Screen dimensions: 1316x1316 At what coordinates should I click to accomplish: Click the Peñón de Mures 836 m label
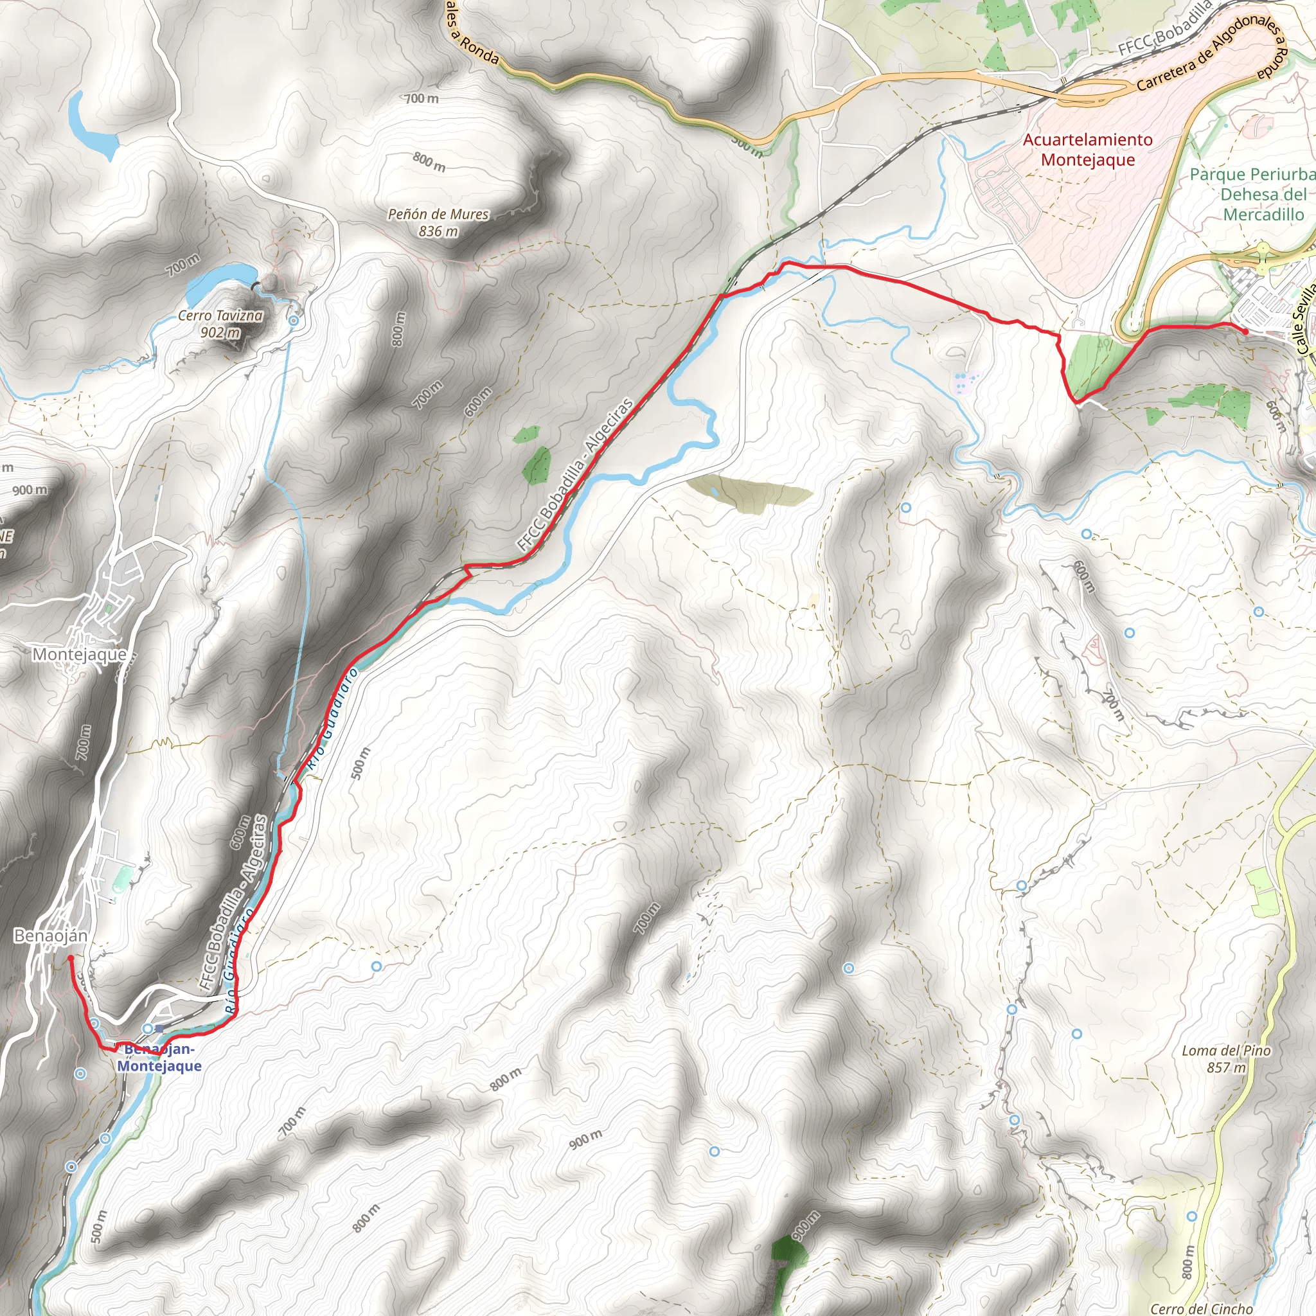tap(438, 223)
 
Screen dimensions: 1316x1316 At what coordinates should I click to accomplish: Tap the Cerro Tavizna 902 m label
tap(220, 324)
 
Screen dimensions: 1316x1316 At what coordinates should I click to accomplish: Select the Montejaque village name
tap(80, 655)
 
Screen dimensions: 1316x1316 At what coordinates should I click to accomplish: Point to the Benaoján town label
tap(51, 936)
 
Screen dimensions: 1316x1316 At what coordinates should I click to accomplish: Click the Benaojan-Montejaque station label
tap(159, 1057)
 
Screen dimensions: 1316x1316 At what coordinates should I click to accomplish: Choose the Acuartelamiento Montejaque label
tap(1088, 150)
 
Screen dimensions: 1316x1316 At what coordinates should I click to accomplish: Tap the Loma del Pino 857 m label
tap(1226, 1059)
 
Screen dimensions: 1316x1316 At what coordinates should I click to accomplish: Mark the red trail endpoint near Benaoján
tap(70, 958)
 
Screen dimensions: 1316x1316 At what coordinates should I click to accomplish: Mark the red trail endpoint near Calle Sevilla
tap(1246, 332)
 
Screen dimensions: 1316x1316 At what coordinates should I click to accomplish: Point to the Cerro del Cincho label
tap(1201, 1308)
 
